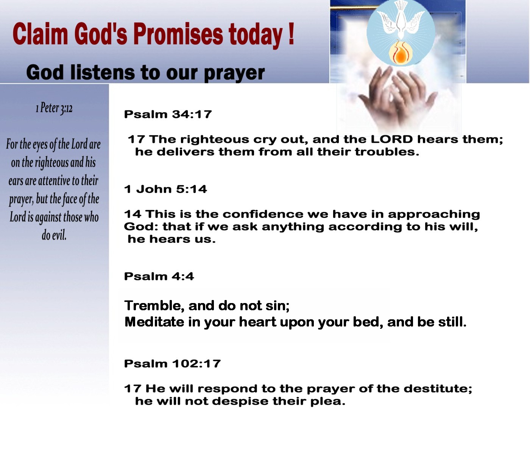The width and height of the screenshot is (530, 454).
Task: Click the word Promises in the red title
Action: click(178, 34)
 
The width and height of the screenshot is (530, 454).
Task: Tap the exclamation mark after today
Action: click(291, 34)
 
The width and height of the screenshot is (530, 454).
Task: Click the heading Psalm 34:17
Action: click(168, 114)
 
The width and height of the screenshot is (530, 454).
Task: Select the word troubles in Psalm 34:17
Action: click(387, 152)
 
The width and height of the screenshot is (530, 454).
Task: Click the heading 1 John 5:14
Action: click(165, 189)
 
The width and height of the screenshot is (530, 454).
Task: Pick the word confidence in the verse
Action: click(263, 214)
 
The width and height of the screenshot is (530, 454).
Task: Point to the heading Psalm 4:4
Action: click(159, 277)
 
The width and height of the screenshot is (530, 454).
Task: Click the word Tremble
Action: click(154, 305)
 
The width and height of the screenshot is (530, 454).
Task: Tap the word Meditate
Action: click(154, 322)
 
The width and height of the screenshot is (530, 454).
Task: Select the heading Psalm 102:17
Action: click(172, 364)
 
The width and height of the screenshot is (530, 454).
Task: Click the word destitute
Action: click(438, 389)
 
